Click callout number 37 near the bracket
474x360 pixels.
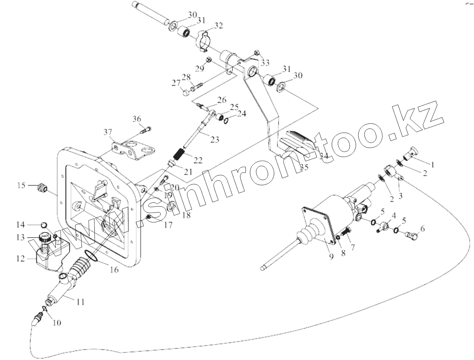pyautogui.click(x=108, y=132)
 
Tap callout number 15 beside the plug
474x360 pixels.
pyautogui.click(x=21, y=185)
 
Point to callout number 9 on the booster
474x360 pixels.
pyautogui.click(x=331, y=257)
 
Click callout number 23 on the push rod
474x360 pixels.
pyautogui.click(x=215, y=140)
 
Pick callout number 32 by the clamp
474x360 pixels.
pyautogui.click(x=218, y=26)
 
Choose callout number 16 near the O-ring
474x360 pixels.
pyautogui.click(x=114, y=270)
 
